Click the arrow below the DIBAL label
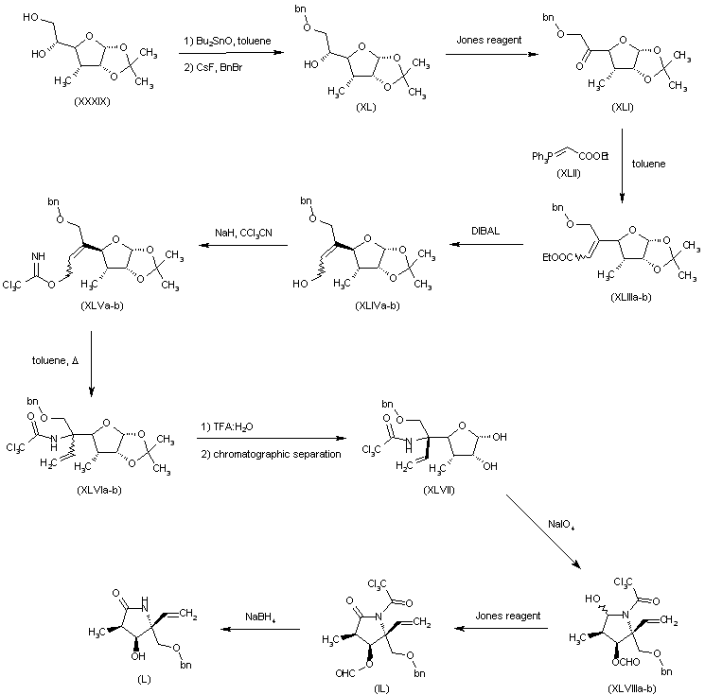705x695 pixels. (x=488, y=245)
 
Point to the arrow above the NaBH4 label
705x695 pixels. (x=260, y=629)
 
